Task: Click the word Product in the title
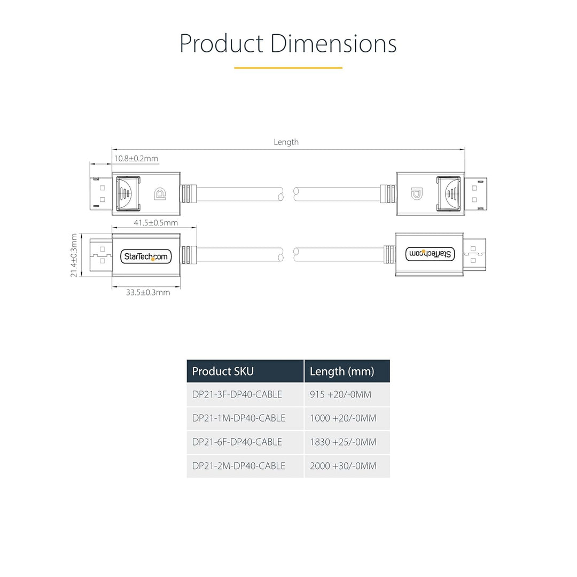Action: [x=221, y=43]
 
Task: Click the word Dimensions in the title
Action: [x=333, y=43]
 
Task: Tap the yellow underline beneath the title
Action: [x=288, y=68]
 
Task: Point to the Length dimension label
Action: [x=286, y=142]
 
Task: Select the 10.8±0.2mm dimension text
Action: [x=136, y=159]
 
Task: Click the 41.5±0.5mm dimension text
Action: [x=155, y=223]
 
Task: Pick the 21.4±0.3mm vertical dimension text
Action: [x=74, y=255]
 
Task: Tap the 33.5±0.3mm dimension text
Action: [x=148, y=293]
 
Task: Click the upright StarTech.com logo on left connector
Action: [x=146, y=256]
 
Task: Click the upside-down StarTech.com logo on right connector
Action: [x=430, y=254]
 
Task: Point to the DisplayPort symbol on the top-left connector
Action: [x=160, y=194]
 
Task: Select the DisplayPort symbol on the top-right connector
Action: [x=417, y=193]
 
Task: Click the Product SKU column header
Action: [x=223, y=371]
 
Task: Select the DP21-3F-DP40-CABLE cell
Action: [x=237, y=394]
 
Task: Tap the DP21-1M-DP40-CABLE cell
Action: [x=238, y=418]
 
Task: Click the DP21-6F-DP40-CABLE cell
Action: [x=237, y=442]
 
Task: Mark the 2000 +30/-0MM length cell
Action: [x=343, y=466]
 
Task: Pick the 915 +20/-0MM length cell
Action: [x=340, y=394]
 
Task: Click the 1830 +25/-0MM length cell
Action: [x=343, y=442]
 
